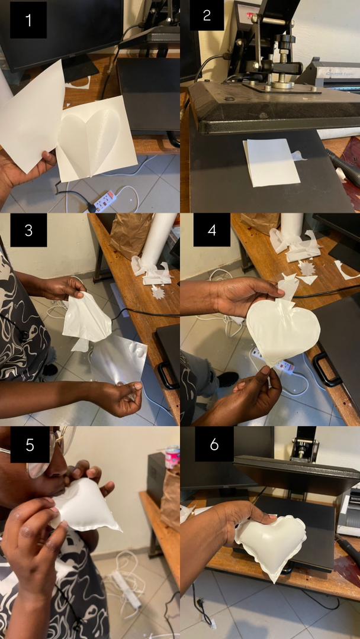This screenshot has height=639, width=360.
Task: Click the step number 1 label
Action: [28, 20]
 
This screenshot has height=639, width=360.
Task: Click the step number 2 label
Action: [207, 15]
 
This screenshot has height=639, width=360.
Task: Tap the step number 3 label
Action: [28, 230]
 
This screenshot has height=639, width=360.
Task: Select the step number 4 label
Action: [211, 230]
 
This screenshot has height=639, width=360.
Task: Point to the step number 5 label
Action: [30, 445]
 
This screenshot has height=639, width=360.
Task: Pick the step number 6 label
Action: [214, 444]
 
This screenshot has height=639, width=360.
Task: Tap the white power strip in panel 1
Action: [104, 201]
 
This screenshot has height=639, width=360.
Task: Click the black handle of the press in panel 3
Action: [167, 375]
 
